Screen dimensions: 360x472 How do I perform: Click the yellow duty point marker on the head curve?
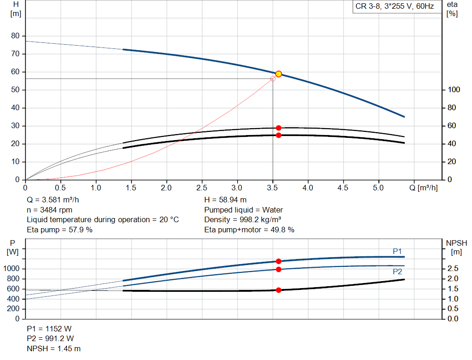tap(278, 74)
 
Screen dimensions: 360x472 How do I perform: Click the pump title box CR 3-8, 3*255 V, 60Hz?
tap(395, 6)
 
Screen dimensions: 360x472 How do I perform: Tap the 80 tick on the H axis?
tap(16, 36)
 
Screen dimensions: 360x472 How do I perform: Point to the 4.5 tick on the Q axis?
tap(343, 188)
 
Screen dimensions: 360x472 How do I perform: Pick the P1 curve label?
tap(397, 251)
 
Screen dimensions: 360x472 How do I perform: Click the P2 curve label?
tap(397, 272)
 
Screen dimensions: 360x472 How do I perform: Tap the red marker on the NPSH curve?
tap(278, 290)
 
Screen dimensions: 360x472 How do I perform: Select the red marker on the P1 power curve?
tap(278, 261)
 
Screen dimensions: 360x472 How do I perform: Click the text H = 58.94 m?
tap(225, 200)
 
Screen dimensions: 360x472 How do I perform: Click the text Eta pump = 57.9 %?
tap(59, 230)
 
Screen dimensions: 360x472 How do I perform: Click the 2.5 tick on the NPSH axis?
tap(452, 269)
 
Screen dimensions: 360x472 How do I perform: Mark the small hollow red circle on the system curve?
tap(273, 79)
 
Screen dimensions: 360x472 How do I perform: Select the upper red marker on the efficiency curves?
tap(278, 128)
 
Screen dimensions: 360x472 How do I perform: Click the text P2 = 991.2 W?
tap(50, 339)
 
